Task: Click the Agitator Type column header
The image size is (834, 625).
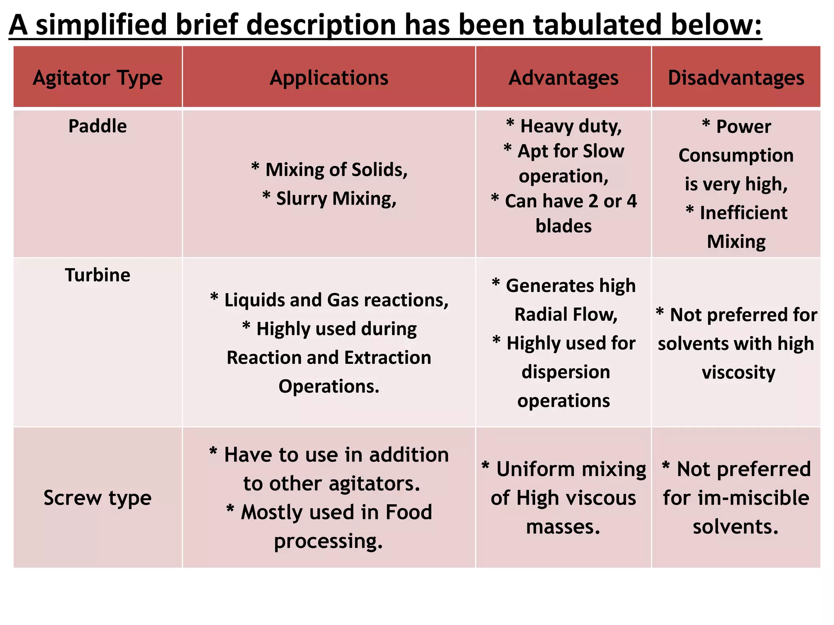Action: click(98, 78)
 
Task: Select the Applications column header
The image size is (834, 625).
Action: click(329, 78)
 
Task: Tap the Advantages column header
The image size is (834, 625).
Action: click(563, 78)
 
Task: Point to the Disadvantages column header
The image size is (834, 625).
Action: click(736, 78)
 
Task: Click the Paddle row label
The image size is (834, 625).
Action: click(97, 126)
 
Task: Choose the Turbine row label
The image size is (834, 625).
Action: click(97, 275)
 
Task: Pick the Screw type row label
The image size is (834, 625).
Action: click(97, 498)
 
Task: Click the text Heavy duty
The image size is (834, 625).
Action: click(571, 126)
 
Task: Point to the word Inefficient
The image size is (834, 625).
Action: click(744, 213)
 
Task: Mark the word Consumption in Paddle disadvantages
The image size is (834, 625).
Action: click(736, 155)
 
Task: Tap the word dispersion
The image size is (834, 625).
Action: click(566, 372)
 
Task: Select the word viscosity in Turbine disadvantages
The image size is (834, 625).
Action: click(738, 372)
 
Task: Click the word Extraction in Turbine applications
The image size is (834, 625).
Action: click(387, 358)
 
